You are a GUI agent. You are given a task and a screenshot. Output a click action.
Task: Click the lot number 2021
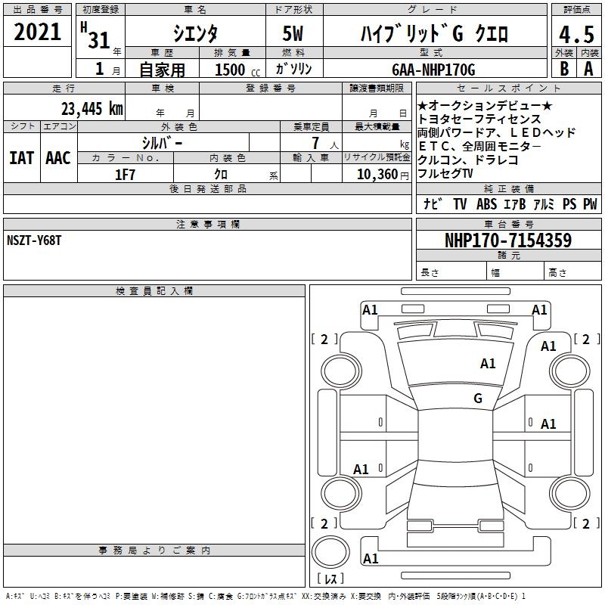tap(37, 32)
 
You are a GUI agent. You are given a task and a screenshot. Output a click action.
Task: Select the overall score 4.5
tap(576, 34)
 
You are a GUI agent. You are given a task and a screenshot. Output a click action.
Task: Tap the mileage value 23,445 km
tap(92, 109)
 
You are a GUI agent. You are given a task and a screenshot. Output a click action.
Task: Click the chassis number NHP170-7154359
tap(508, 240)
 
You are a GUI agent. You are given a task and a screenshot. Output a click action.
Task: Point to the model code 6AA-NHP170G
tap(433, 70)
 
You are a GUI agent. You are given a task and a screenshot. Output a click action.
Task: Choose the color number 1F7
tap(125, 175)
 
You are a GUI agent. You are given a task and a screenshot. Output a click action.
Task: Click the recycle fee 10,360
tap(377, 175)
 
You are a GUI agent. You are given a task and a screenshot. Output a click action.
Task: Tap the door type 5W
tap(293, 33)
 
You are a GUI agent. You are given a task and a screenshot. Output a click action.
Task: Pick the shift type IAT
tap(21, 158)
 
